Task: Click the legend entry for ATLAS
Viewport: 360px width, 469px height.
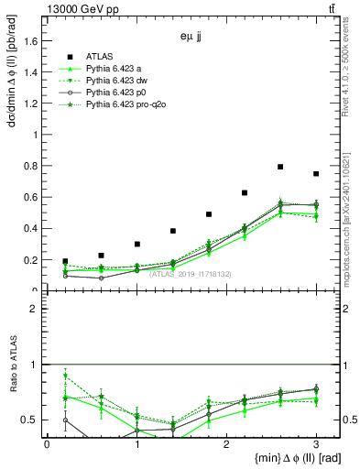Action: [x=99, y=57]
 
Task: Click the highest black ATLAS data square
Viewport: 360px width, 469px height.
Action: [x=280, y=167]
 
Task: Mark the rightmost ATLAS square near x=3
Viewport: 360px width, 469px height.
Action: [x=316, y=174]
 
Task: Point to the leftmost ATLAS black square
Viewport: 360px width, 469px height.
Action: [x=65, y=261]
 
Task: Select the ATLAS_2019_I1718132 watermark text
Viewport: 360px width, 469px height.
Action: [x=191, y=273]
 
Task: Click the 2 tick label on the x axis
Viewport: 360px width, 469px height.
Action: [x=226, y=443]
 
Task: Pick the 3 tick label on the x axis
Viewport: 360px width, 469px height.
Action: [x=316, y=443]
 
